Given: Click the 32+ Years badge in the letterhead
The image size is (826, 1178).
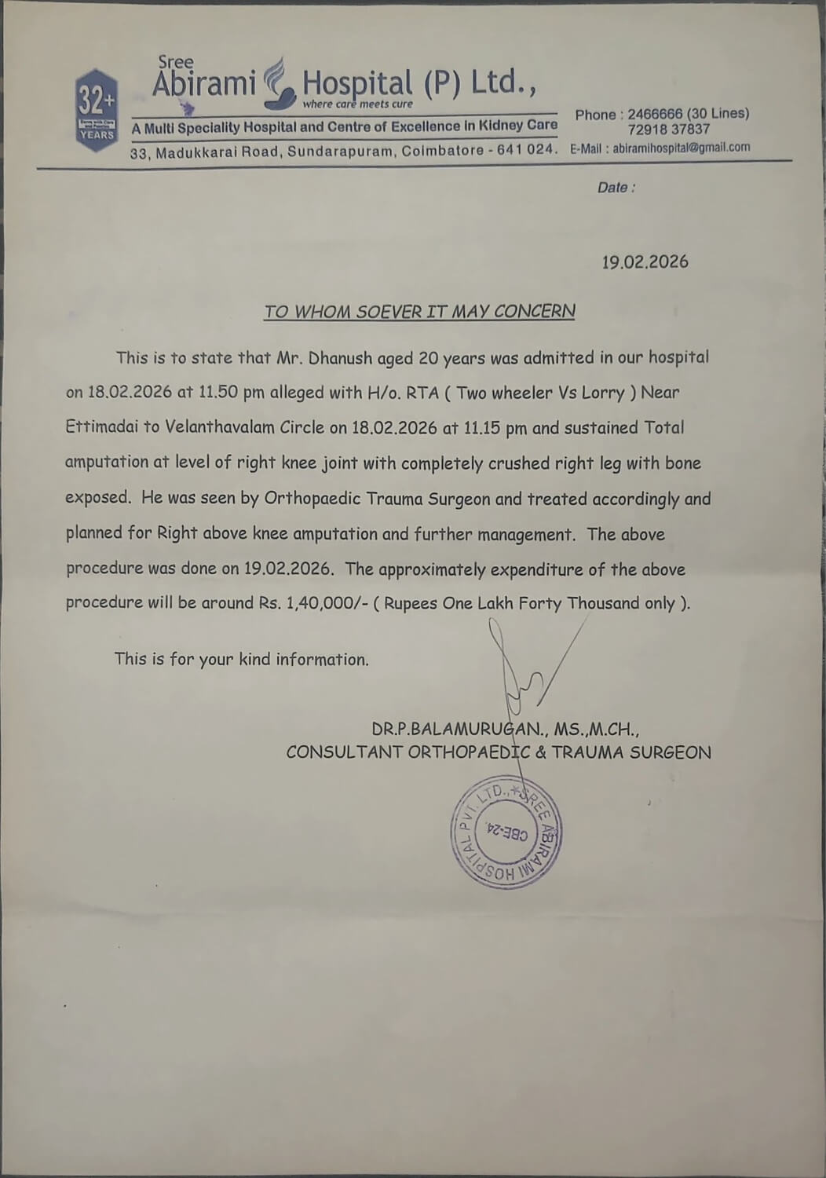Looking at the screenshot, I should tap(97, 111).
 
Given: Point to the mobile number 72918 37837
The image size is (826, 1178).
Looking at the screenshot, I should tap(668, 130).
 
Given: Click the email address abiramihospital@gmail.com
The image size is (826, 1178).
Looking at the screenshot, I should tap(681, 147).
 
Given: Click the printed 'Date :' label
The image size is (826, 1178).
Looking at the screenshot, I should tap(616, 188).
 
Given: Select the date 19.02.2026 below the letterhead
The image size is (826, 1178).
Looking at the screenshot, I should tap(645, 262).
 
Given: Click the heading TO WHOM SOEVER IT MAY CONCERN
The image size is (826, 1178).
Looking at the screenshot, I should tap(419, 311).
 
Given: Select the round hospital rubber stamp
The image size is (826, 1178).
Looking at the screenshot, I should tap(506, 833).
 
